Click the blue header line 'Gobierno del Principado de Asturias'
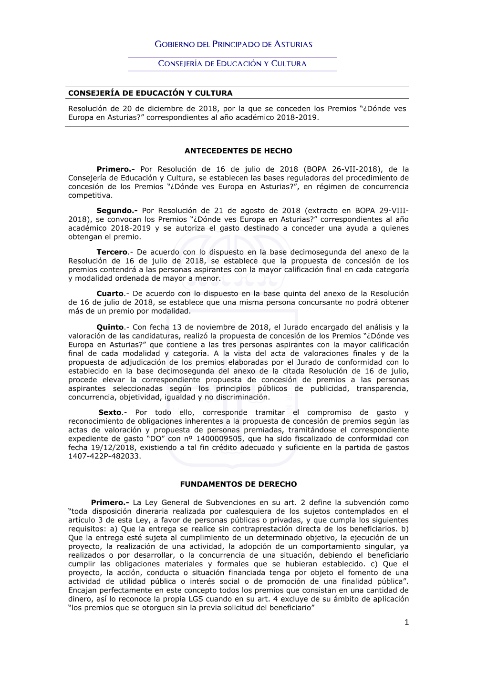pos(233,44)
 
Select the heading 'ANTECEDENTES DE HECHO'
pos(238,151)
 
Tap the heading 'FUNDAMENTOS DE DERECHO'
pos(238,484)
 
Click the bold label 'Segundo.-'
pos(117,211)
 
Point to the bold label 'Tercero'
pos(112,252)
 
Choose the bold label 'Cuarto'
pos(110,294)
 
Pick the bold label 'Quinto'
pos(110,327)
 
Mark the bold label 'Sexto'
pos(110,412)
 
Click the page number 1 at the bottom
pos(406,622)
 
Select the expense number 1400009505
pos(219,439)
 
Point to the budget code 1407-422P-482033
pos(104,456)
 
